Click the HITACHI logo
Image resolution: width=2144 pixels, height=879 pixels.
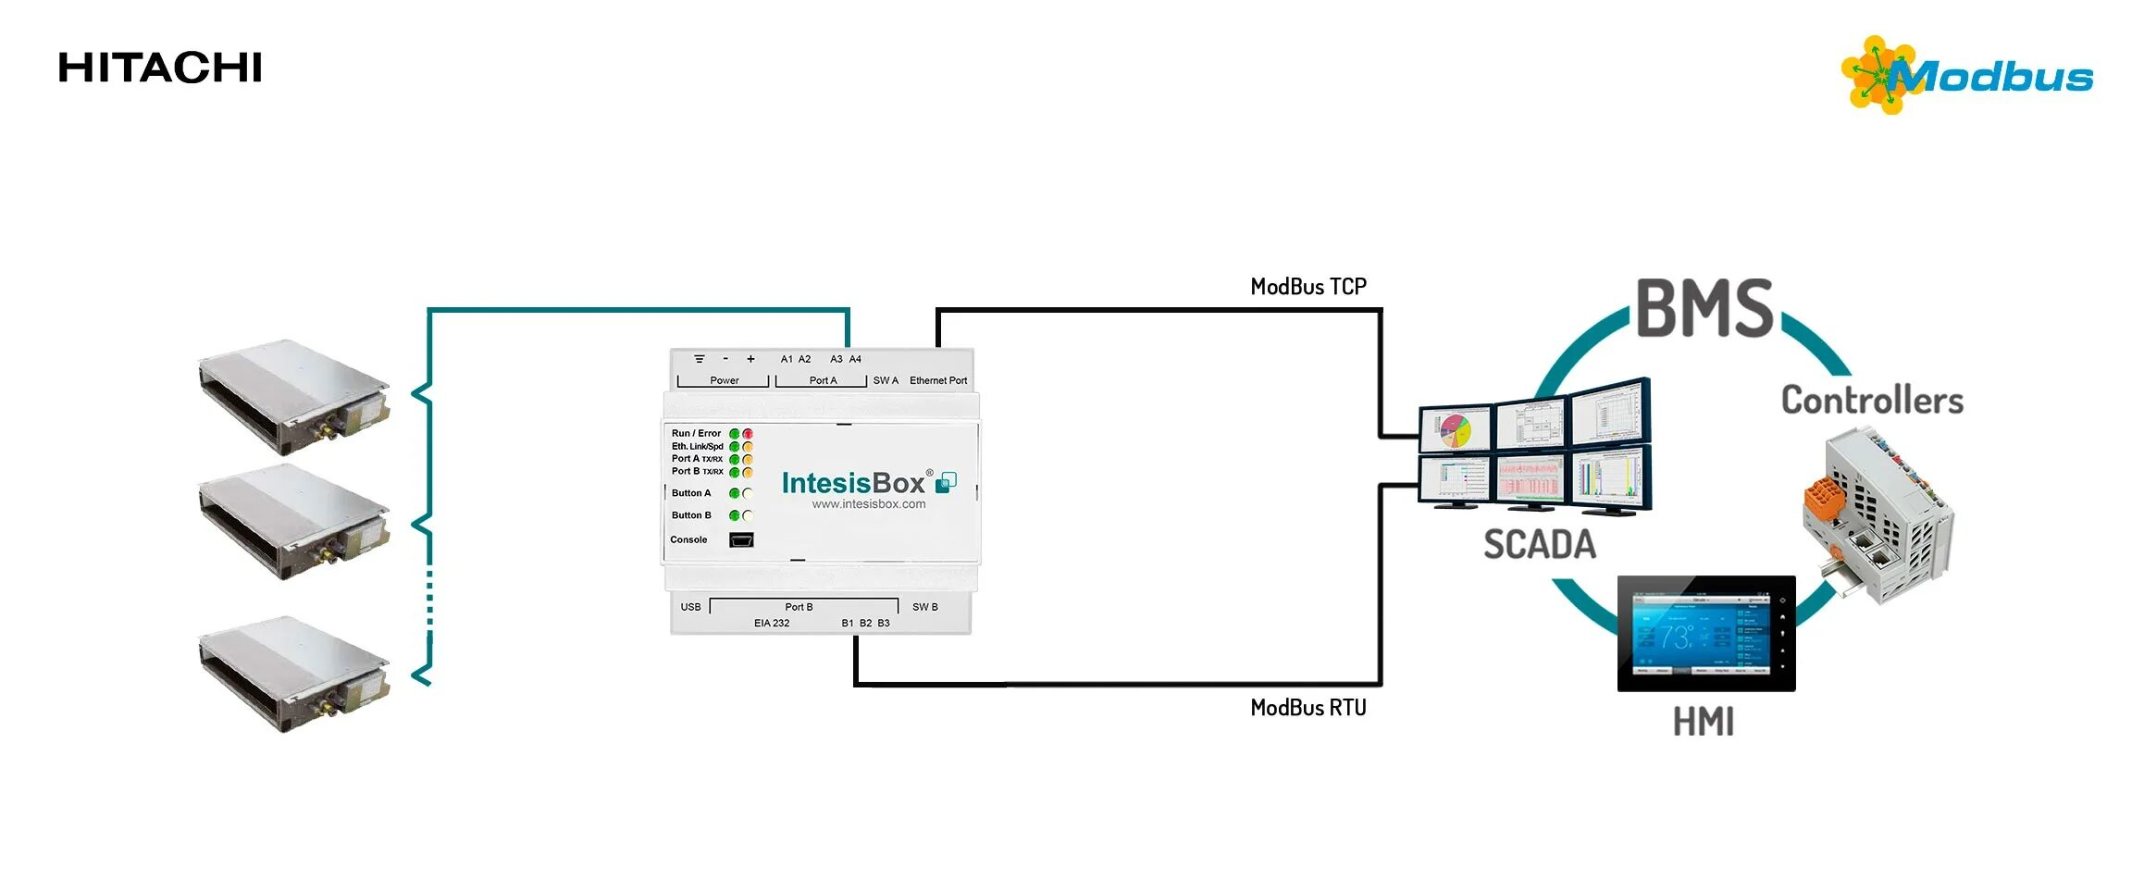coord(160,68)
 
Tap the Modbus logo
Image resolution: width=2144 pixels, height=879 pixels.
coord(1967,76)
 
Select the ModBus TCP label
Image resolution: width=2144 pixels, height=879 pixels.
coord(1307,287)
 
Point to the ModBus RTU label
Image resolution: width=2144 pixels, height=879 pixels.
coord(1307,708)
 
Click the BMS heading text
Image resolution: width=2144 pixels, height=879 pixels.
coord(1704,309)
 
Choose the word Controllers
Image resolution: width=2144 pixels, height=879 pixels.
coord(1872,401)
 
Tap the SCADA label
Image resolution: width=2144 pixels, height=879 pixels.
coord(1540,545)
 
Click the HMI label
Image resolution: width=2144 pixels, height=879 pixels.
coord(1703,723)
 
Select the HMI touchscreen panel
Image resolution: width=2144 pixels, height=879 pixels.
coord(1705,634)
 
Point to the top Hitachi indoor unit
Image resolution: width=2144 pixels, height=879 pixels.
coord(293,398)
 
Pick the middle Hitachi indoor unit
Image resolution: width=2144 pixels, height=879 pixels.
coord(293,523)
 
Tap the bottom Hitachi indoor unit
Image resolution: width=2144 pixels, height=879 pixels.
coord(293,675)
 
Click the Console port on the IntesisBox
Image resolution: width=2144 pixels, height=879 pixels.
coord(741,540)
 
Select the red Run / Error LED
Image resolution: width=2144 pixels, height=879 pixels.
coord(748,434)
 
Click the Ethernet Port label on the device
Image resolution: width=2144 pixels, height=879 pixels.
coord(937,380)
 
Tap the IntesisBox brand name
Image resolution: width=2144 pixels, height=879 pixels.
coord(853,483)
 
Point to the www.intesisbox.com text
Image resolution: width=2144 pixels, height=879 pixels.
coord(868,504)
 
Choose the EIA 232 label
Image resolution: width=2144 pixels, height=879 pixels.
coord(772,624)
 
